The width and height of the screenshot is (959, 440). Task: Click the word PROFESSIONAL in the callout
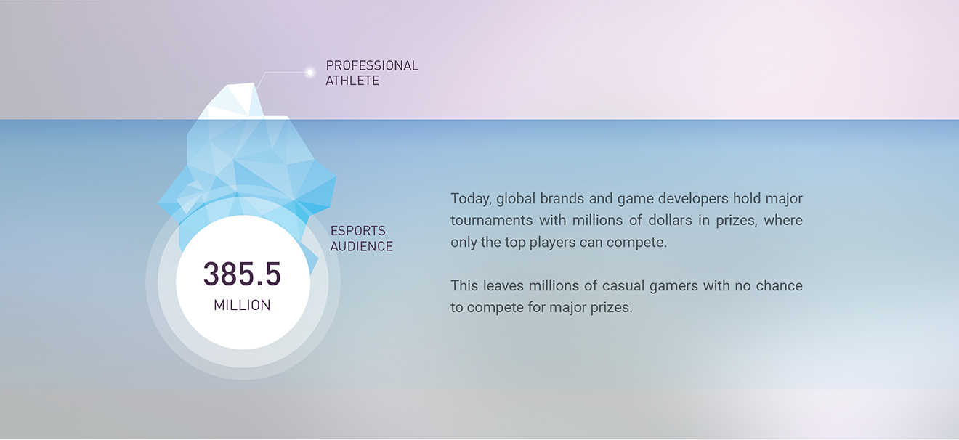coord(372,65)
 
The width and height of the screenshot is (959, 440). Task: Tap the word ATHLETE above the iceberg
coord(352,81)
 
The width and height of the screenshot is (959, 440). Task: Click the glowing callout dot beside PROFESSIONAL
coord(309,73)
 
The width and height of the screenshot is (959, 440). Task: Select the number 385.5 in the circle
coord(242,274)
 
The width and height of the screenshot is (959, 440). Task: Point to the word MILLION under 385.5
coord(242,305)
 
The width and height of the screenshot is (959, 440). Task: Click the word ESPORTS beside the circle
coord(358,231)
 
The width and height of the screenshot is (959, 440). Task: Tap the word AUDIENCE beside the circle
coord(361,247)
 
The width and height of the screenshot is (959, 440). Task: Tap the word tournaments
coord(491,221)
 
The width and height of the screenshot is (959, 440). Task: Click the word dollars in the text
coord(671,221)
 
